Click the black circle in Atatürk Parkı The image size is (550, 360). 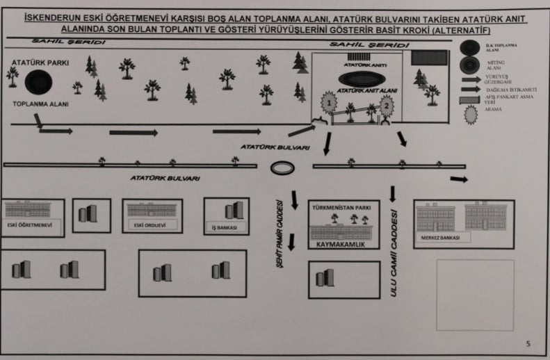click(x=39, y=83)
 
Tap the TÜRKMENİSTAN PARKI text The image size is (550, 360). click(x=341, y=207)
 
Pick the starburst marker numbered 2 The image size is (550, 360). click(x=387, y=105)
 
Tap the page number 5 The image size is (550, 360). click(x=528, y=343)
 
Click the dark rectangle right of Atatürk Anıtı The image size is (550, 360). click(x=429, y=58)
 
